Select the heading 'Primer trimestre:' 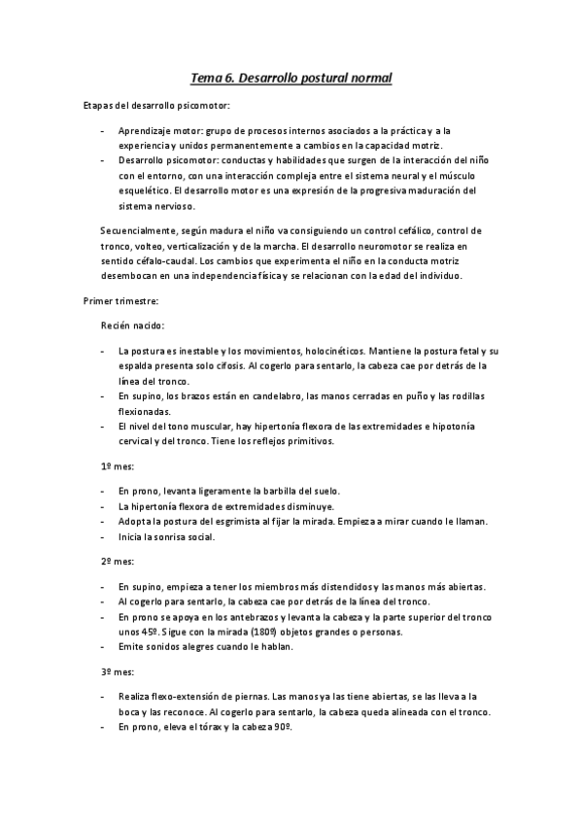[118, 301]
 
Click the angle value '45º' [146, 632]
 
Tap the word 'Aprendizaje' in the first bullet [145, 129]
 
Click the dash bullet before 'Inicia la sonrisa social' [104, 537]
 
